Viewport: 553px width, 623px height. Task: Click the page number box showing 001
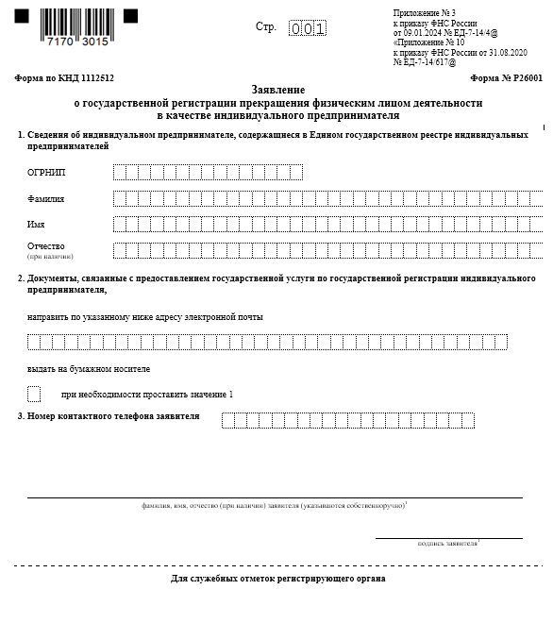tap(308, 28)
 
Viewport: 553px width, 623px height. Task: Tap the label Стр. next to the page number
tap(265, 26)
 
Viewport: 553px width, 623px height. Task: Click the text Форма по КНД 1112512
tap(53, 78)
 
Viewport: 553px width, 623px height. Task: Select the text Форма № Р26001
tap(506, 78)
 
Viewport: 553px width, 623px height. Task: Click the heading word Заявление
tap(277, 89)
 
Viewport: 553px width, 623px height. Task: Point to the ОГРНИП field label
tap(47, 173)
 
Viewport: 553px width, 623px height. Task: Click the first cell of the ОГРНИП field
tap(119, 173)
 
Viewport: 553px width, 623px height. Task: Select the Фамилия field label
tap(46, 199)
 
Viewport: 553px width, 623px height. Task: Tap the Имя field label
tap(37, 225)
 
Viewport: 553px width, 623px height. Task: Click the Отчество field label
tap(46, 246)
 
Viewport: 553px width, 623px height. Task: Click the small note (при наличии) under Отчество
tap(50, 257)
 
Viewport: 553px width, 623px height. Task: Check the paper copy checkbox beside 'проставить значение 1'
tap(34, 394)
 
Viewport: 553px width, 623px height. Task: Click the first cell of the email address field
tap(34, 342)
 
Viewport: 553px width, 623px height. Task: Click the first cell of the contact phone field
tap(228, 420)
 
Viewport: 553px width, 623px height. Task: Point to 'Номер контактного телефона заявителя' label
tap(113, 416)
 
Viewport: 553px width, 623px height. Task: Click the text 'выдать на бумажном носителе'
tap(89, 369)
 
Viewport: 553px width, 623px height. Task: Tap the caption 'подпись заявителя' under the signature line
tap(447, 544)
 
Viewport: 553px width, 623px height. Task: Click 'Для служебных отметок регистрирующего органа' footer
tap(277, 578)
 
